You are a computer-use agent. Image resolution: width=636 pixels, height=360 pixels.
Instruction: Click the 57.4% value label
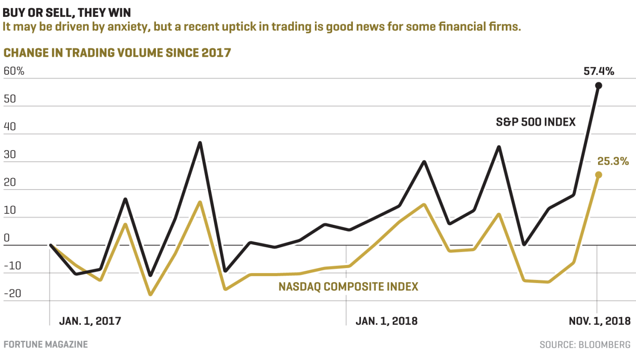598,71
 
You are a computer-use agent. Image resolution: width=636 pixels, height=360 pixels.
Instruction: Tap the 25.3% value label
613,162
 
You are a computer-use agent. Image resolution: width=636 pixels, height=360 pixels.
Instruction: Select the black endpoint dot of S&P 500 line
598,86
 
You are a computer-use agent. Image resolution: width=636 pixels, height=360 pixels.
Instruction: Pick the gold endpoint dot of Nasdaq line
598,175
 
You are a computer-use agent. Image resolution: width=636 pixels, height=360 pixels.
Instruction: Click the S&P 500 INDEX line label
536,122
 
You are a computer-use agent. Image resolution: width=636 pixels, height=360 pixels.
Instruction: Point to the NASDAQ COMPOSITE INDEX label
348,287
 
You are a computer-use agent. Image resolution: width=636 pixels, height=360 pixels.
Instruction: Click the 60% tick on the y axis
14,71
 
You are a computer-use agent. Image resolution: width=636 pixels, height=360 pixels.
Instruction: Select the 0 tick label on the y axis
6,238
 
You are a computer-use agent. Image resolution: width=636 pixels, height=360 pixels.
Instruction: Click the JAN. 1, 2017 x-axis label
90,321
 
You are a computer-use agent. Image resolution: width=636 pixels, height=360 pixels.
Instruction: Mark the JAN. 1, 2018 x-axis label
386,321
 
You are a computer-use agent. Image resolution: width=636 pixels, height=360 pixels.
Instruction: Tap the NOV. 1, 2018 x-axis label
599,321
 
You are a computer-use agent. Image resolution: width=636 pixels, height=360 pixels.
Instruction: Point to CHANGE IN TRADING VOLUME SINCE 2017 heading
117,53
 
